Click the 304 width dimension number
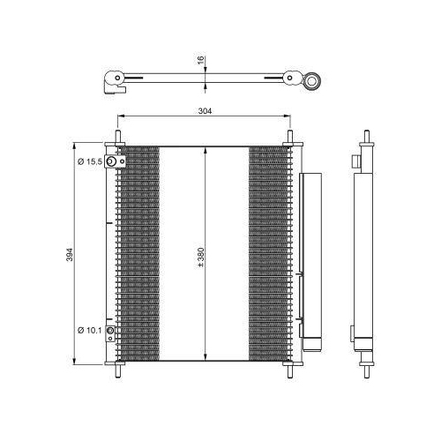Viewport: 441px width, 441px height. (x=206, y=111)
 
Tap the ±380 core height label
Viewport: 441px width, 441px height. (x=201, y=256)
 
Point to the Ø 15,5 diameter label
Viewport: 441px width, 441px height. (x=90, y=161)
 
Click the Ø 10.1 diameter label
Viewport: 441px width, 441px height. (x=90, y=330)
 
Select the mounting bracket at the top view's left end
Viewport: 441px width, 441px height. (x=112, y=82)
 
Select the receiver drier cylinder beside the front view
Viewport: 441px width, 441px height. (x=311, y=256)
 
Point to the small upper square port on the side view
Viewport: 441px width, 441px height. (x=355, y=161)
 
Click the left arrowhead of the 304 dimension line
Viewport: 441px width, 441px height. (x=120, y=118)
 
